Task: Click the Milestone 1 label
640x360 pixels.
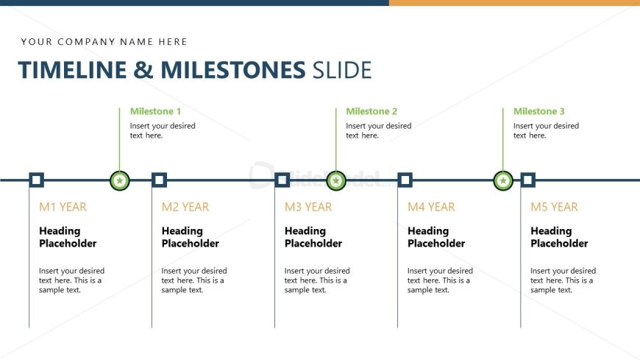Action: click(155, 111)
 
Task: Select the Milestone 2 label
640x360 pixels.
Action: click(371, 111)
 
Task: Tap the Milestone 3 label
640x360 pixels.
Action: click(538, 111)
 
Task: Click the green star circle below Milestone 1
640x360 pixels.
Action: click(120, 180)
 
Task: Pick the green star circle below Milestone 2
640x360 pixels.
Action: click(336, 180)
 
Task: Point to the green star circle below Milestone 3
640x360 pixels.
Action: click(503, 180)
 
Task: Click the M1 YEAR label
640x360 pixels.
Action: click(63, 207)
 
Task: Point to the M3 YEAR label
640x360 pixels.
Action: click(308, 207)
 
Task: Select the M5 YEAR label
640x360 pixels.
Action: click(554, 207)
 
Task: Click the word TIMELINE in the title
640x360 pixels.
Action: click(73, 69)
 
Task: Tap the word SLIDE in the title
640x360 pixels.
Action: click(342, 69)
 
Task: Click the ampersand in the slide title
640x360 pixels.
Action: click(143, 69)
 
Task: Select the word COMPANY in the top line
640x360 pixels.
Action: click(86, 42)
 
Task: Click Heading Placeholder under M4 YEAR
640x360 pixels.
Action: click(436, 237)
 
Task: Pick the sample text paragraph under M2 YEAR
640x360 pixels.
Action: click(194, 280)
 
